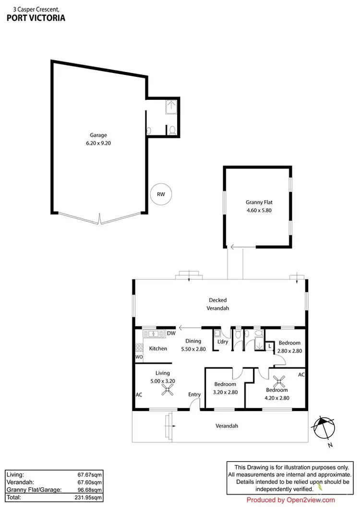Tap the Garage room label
pos(98,135)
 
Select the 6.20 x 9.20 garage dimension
pos(98,143)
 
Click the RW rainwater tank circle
pos(161,194)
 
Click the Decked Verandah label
pos(217,303)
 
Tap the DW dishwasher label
pos(170,333)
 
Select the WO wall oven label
pos(139,357)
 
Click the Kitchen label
pos(158,348)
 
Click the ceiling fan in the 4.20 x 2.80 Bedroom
pos(279,382)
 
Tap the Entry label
pos(194,395)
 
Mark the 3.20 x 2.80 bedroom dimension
pos(225,392)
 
